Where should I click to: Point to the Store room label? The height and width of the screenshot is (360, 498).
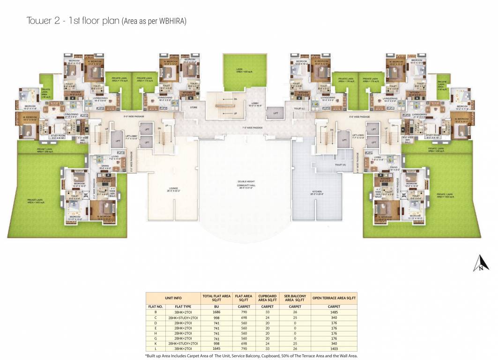(193, 107)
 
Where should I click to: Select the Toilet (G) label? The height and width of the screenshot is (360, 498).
(334, 165)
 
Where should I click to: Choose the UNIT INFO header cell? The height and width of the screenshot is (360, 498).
(173, 297)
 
